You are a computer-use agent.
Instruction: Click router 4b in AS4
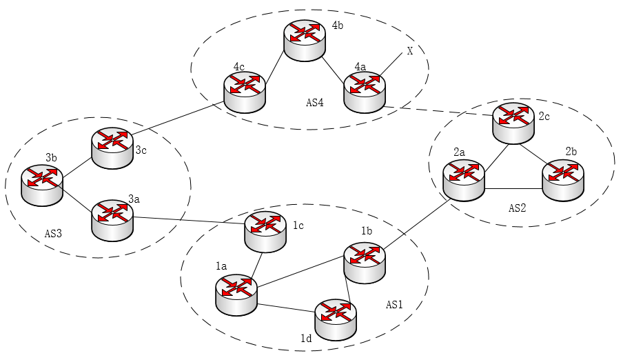(305, 41)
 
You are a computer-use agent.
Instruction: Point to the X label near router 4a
(410, 51)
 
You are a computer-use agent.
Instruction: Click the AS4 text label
(315, 103)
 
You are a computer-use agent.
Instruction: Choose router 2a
(464, 179)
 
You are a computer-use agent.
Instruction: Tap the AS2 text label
(518, 208)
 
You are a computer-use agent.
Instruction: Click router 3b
(41, 185)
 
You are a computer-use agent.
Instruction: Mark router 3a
(112, 219)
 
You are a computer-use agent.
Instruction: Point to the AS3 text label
(52, 233)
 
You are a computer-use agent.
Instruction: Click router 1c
(265, 230)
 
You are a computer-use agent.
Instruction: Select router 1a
(236, 294)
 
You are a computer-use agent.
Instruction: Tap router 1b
(365, 261)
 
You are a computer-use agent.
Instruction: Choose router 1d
(336, 319)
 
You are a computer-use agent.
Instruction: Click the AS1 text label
(395, 304)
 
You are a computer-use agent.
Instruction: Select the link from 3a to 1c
(189, 220)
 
